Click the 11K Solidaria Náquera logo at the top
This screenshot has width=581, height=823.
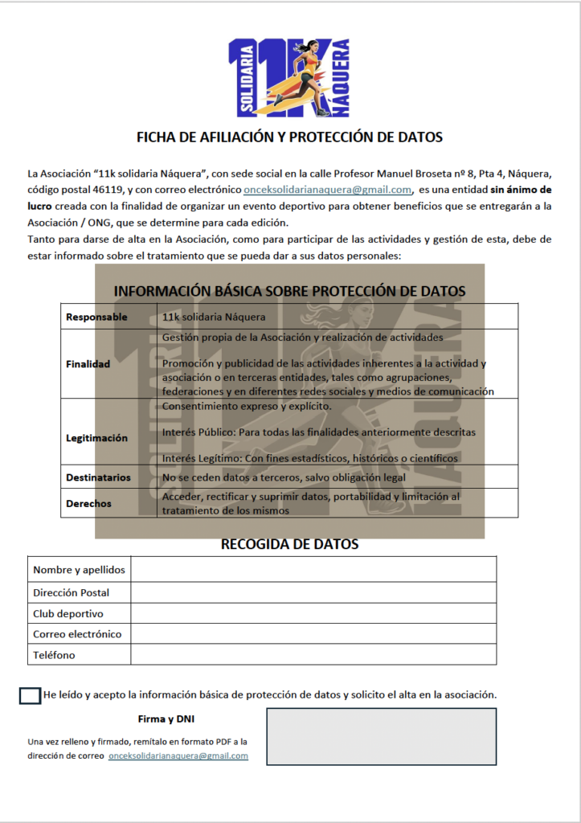(290, 76)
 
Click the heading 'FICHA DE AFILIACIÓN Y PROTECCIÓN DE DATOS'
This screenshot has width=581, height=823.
(289, 137)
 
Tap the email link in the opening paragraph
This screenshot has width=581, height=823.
(327, 190)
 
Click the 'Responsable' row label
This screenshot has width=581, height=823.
(96, 317)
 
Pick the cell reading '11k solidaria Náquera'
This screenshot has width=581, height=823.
(214, 317)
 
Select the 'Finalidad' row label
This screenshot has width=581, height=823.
(88, 363)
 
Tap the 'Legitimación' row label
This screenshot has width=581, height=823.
(96, 438)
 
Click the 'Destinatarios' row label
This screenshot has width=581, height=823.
(98, 477)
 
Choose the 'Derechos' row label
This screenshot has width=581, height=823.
(88, 503)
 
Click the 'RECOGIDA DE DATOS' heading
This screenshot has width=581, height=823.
(289, 544)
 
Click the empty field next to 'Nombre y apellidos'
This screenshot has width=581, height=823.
(313, 570)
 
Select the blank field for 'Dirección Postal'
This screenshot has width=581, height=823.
(313, 592)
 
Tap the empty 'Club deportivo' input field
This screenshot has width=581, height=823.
(313, 613)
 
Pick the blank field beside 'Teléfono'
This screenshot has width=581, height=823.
(313, 655)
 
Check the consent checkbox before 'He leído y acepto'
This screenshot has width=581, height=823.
(30, 695)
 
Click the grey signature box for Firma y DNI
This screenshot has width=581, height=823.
(381, 736)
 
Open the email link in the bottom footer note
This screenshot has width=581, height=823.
(178, 756)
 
